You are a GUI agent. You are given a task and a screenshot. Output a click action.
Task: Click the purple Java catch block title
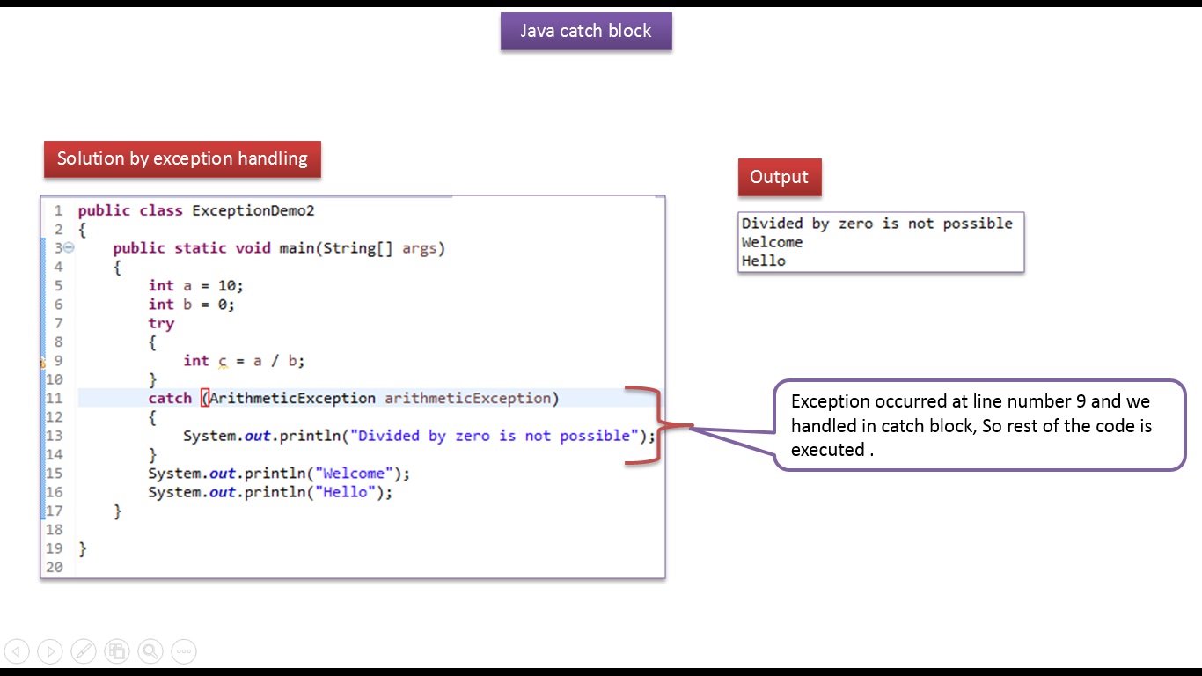point(586,31)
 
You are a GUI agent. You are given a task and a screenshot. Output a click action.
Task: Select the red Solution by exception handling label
point(182,159)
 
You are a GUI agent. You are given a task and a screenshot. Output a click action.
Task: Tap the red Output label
point(779,177)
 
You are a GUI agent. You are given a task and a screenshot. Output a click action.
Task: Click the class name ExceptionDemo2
point(253,210)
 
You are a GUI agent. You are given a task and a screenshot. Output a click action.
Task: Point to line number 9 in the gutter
point(58,360)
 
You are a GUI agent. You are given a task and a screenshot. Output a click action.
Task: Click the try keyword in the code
point(161,323)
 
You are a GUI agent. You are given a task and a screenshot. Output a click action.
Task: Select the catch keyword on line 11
point(170,398)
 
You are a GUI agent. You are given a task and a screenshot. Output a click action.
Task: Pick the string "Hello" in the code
point(346,492)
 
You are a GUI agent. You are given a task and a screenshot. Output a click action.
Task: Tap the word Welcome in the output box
point(772,242)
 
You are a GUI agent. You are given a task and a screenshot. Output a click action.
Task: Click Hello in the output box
point(763,261)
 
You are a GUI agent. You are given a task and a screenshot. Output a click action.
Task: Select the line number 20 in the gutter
point(55,567)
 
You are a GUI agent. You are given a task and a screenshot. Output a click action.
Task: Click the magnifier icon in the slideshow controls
point(150,651)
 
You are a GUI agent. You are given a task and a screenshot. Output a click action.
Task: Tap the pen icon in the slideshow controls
point(84,651)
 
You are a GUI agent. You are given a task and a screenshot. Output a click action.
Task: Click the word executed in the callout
point(827,450)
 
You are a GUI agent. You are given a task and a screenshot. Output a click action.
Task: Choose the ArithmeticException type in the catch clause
point(292,398)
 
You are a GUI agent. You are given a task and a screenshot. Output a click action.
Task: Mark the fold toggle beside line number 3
point(70,248)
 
